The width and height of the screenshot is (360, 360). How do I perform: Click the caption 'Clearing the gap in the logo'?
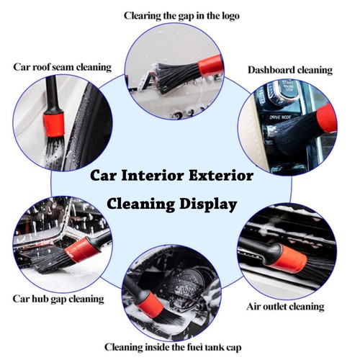click(181, 15)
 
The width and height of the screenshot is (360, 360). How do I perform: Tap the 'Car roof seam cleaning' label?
click(63, 67)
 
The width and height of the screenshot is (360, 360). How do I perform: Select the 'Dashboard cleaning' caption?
click(290, 70)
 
